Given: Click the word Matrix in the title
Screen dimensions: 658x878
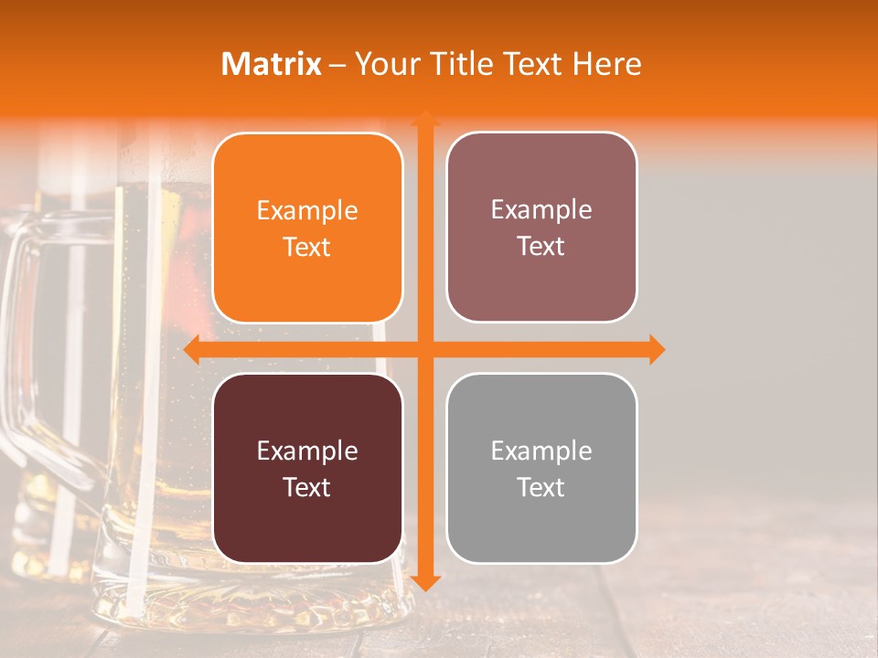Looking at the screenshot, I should coord(272,64).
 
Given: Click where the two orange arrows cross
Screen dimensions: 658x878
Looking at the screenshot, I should coord(425,349).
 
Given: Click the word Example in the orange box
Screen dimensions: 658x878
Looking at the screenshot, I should coord(307,211).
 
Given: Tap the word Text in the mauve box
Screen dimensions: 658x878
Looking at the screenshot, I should coord(541,247).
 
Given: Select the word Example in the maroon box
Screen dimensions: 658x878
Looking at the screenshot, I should coord(307,451).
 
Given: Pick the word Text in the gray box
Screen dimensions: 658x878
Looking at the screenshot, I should coord(541,488).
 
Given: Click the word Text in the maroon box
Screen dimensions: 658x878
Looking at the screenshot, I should coord(307,488).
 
